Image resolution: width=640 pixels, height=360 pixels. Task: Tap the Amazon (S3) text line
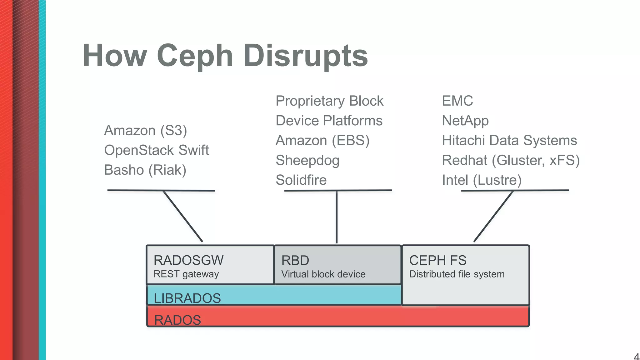click(145, 130)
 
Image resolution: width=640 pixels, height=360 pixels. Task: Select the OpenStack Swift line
click(156, 150)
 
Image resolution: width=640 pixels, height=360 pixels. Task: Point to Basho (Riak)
click(145, 170)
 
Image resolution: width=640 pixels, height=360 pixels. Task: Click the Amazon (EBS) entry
click(322, 140)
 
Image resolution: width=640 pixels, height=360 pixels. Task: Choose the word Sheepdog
click(307, 160)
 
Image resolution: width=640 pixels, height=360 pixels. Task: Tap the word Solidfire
click(301, 180)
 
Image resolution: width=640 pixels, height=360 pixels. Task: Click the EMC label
click(457, 101)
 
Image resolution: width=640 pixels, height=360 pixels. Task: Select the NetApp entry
click(465, 121)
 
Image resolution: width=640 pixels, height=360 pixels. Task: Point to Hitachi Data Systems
click(509, 140)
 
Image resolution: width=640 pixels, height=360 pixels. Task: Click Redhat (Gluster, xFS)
click(511, 160)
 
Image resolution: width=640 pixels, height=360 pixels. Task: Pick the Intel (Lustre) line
click(482, 180)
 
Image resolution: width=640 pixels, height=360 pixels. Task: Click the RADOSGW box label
click(188, 260)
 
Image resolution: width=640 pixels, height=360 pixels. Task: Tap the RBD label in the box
click(295, 260)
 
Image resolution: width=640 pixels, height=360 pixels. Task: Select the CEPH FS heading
click(437, 260)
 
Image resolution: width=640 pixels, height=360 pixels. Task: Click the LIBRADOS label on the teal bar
click(187, 298)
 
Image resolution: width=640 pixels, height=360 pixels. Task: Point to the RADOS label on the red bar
click(177, 320)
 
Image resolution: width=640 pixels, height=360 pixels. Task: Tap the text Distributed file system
click(457, 274)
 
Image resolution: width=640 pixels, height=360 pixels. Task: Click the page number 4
click(636, 357)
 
